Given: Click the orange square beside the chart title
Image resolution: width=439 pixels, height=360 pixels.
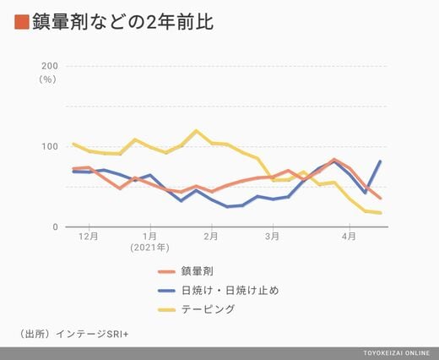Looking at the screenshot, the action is [x=22, y=22].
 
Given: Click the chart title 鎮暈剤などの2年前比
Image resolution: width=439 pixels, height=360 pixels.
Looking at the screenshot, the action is [x=122, y=22].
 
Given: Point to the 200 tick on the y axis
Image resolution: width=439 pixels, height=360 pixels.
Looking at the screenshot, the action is [x=50, y=66].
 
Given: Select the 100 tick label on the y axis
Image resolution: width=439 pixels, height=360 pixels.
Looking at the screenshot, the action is [x=50, y=146].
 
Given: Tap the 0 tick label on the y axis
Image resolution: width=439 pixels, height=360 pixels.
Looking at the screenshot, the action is [x=55, y=226].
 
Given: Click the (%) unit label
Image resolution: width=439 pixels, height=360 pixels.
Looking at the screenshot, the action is [x=47, y=79].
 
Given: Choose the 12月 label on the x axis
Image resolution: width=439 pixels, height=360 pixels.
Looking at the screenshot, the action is [x=89, y=236].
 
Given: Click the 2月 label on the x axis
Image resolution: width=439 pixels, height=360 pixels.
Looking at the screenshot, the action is [x=211, y=236].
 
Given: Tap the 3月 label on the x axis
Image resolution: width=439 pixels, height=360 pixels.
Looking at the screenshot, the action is [x=272, y=236].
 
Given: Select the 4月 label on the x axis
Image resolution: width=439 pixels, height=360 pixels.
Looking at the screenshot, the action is [x=349, y=236].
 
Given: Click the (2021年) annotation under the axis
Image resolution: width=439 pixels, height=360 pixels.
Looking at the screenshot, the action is [x=149, y=248].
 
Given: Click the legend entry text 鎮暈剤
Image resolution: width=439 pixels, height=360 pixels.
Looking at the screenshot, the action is [x=197, y=271].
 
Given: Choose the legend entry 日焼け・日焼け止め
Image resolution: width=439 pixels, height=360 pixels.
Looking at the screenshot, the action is [x=230, y=290].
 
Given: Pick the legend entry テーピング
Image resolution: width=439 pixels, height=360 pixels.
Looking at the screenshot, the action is [x=208, y=309].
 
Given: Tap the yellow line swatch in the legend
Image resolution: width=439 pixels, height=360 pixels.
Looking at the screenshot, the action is [x=166, y=310].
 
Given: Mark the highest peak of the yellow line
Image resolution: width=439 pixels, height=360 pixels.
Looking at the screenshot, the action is [x=196, y=130].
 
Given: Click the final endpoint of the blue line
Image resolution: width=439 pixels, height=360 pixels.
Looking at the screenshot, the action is [x=380, y=161].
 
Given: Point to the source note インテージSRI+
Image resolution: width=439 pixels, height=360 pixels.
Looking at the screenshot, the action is [x=92, y=334].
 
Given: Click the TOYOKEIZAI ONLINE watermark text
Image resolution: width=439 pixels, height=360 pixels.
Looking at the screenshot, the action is [x=396, y=353].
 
